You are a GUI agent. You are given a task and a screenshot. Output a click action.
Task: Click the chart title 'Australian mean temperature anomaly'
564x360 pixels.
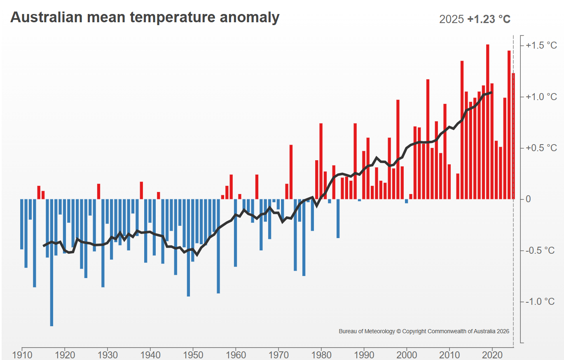tap(145, 17)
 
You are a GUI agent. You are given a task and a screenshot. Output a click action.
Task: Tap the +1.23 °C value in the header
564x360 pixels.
tap(489, 19)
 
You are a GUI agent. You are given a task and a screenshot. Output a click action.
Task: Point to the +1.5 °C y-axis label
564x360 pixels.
tap(541, 45)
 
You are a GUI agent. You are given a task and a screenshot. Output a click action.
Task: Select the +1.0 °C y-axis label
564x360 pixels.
tap(541, 97)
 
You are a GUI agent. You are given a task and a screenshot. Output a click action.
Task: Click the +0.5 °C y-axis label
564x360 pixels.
tap(541, 148)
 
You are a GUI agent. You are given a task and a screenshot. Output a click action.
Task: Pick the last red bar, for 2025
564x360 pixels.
tap(513, 136)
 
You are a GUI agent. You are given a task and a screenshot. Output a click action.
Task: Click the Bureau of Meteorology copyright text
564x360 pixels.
tap(424, 331)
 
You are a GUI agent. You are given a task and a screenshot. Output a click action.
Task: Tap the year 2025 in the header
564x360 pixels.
tap(452, 19)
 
